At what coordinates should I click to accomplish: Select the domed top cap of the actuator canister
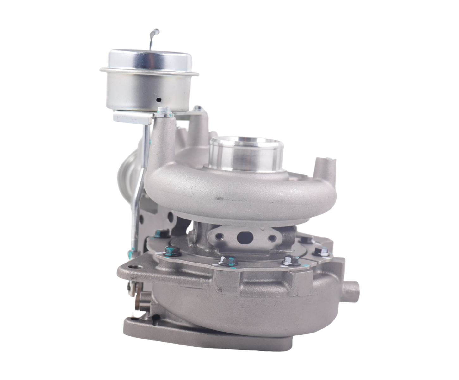coord(149,59)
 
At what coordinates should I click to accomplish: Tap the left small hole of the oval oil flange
coord(220,236)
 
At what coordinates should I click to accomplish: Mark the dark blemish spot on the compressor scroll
coord(217,199)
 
